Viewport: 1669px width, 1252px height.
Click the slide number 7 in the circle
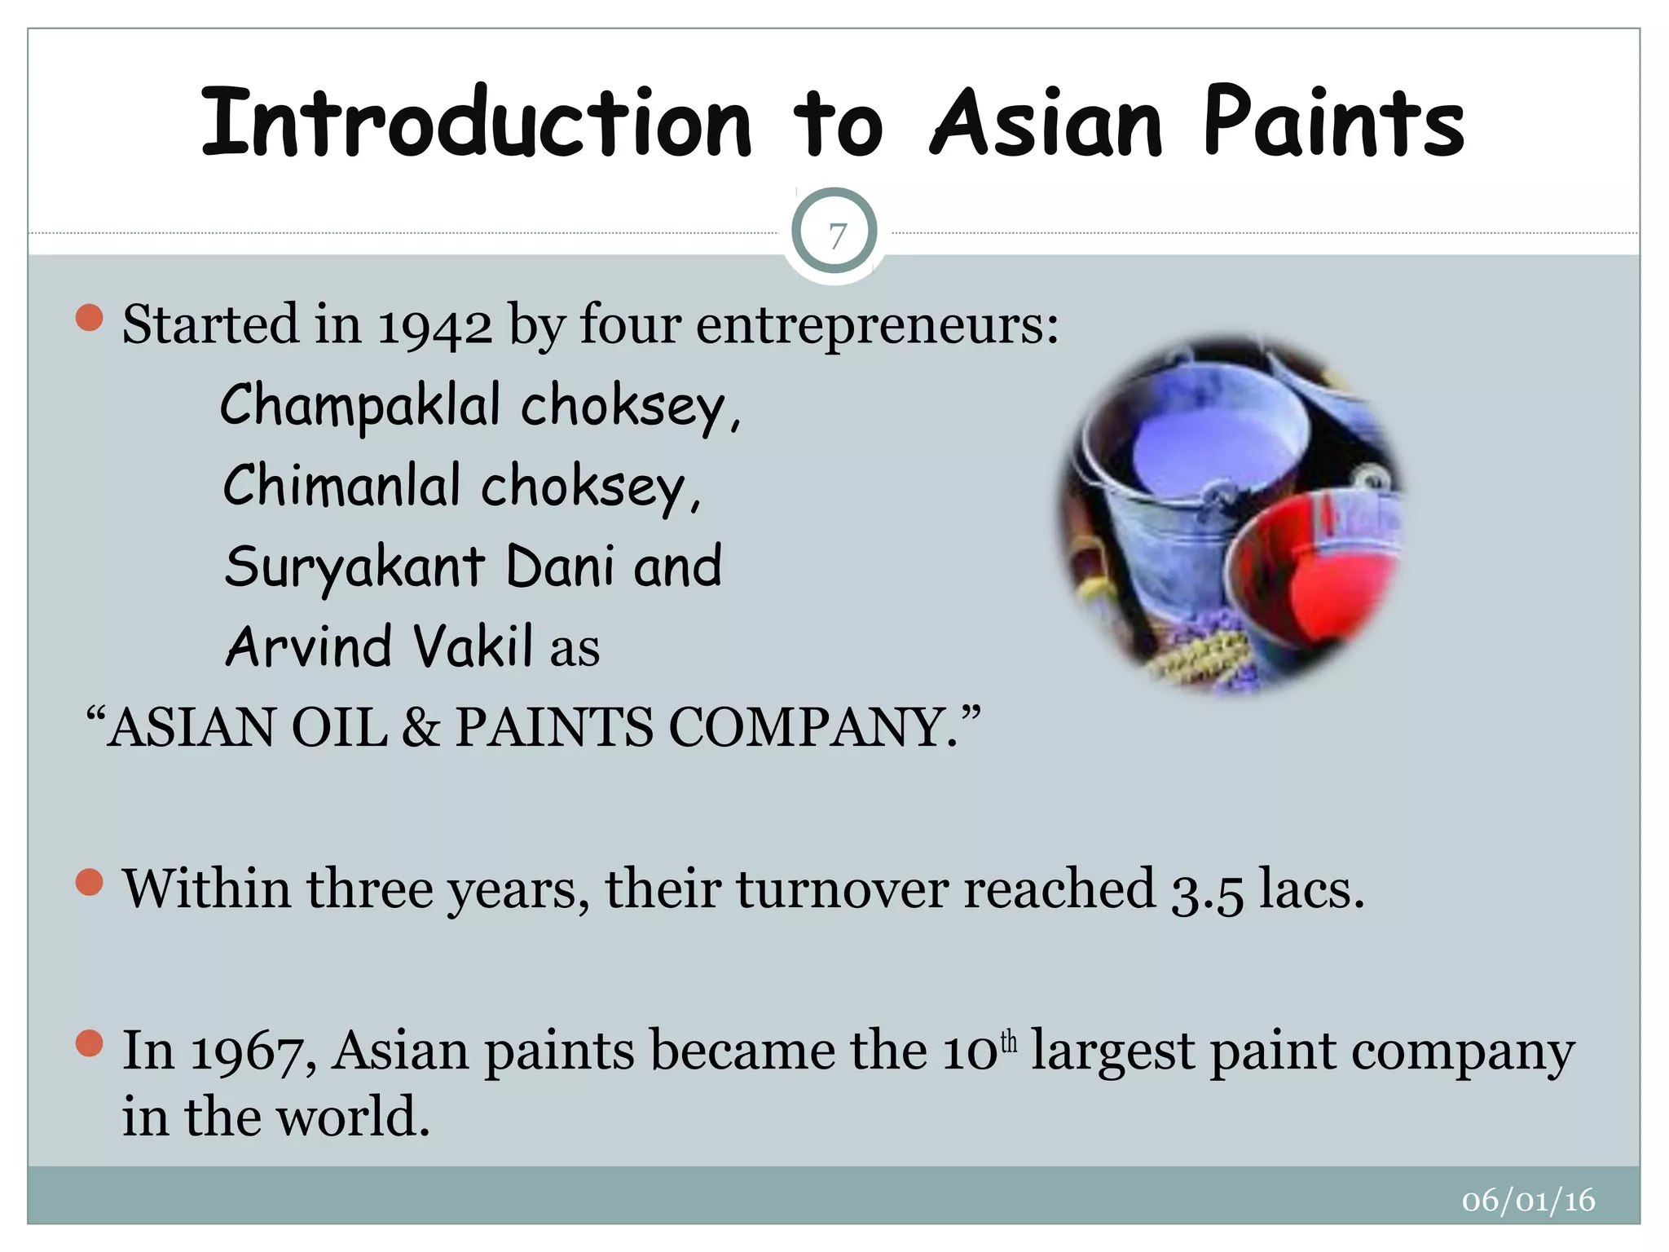point(835,236)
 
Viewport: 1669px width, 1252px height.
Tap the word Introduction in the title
point(475,124)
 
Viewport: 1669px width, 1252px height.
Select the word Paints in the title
point(1334,124)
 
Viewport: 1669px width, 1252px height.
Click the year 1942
point(435,326)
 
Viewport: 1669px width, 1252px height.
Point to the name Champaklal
point(359,405)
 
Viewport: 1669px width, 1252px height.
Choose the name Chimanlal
point(342,486)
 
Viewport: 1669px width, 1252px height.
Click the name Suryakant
point(355,566)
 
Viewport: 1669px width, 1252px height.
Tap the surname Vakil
point(473,646)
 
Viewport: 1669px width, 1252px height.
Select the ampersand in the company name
point(421,727)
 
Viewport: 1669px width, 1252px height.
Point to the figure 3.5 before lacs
point(1207,890)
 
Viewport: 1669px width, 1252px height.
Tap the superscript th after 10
point(1009,1041)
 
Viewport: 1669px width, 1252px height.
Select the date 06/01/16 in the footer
point(1528,1201)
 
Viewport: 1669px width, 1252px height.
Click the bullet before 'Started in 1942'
point(89,318)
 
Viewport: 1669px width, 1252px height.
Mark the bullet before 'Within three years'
point(89,882)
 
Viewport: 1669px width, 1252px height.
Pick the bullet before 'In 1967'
point(89,1043)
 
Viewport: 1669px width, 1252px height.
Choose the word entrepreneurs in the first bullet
point(877,326)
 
